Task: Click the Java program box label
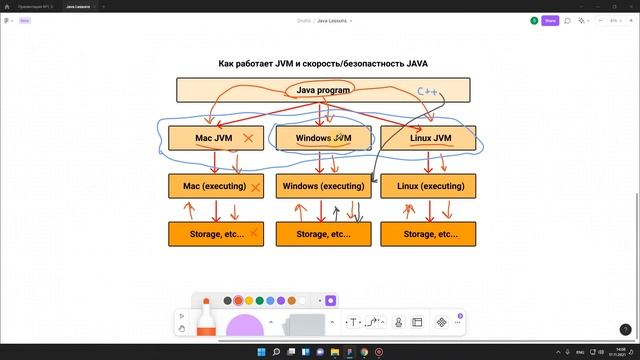323,90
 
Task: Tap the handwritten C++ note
428,93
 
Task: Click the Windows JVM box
324,138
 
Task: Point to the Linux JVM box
428,138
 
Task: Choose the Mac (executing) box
217,186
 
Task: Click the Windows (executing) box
323,186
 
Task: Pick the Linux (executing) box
428,186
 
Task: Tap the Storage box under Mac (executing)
217,234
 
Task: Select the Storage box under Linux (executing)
428,234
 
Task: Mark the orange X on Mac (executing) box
256,187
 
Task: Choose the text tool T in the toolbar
353,322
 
